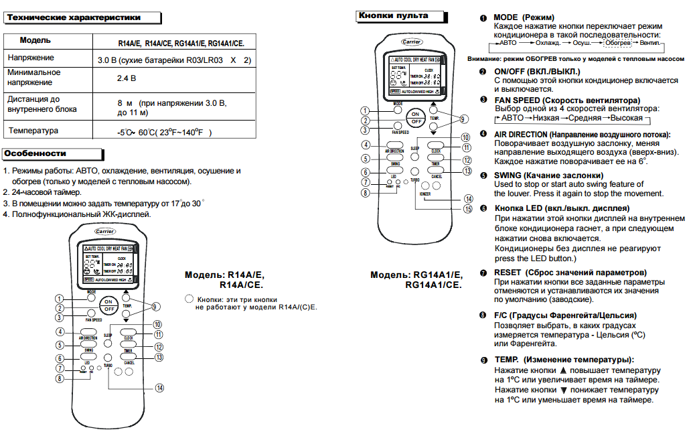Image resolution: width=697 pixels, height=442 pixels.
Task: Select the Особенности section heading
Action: (35, 153)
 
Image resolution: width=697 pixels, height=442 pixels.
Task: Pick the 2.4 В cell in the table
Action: (127, 78)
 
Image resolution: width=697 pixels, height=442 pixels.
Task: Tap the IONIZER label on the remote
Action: (425, 194)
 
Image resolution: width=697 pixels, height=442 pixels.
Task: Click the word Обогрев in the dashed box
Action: (617, 42)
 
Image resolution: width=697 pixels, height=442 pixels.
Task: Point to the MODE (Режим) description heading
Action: (532, 16)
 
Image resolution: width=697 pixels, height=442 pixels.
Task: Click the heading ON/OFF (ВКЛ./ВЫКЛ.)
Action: (537, 71)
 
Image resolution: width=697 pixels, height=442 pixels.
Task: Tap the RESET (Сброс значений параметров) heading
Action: (570, 273)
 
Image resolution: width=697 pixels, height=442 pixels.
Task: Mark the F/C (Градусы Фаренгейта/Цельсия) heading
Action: (564, 315)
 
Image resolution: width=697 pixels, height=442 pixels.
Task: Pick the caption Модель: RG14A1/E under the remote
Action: (416, 275)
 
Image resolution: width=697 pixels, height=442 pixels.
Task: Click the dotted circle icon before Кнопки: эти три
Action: (188, 299)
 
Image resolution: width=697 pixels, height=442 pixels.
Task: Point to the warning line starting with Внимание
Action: (575, 59)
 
